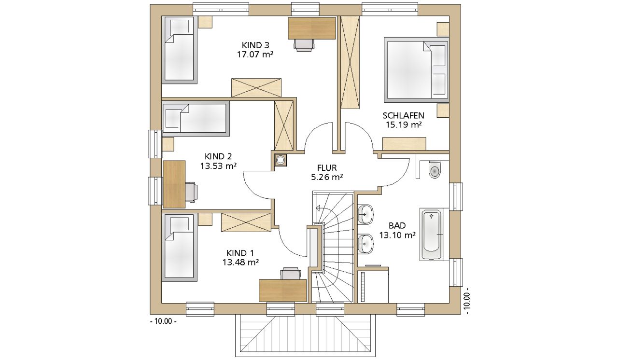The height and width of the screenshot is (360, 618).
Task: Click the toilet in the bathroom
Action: tap(435, 169)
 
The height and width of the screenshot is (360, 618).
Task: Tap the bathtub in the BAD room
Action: tap(432, 235)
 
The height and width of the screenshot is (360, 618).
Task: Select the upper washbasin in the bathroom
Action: tap(365, 214)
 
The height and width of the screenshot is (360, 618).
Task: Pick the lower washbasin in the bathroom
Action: tap(365, 244)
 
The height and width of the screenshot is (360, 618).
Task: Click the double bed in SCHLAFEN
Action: tap(416, 70)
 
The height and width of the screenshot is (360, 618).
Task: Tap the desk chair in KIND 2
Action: tap(192, 192)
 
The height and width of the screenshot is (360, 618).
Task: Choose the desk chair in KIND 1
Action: tap(291, 273)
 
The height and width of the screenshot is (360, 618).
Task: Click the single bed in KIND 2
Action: tap(196, 119)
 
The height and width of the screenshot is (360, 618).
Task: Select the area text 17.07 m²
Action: tap(255, 55)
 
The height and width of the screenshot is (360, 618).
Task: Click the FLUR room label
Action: tap(327, 167)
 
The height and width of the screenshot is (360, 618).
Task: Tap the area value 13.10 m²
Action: tap(397, 235)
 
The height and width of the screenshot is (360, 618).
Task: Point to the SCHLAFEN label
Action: tap(403, 115)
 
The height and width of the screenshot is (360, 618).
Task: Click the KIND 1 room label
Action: tap(240, 253)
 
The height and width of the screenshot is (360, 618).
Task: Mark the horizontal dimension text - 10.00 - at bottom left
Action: tap(163, 321)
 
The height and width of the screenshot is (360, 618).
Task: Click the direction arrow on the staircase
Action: tap(319, 208)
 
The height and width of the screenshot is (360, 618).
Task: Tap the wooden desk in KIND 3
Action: tap(312, 28)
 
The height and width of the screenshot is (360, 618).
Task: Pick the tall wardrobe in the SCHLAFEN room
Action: tap(350, 63)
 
